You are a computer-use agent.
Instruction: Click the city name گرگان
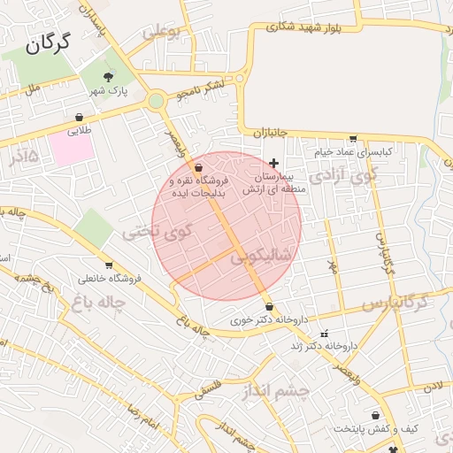pyautogui.click(x=47, y=44)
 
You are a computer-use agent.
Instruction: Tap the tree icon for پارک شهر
pyautogui.click(x=109, y=77)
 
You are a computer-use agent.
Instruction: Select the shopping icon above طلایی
pyautogui.click(x=80, y=117)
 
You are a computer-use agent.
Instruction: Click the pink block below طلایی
pyautogui.click(x=72, y=149)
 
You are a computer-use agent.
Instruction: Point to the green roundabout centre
pyautogui.click(x=157, y=102)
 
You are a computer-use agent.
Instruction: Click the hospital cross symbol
pyautogui.click(x=274, y=163)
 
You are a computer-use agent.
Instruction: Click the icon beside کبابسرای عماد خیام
pyautogui.click(x=354, y=139)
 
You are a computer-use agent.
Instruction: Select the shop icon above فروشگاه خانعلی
pyautogui.click(x=109, y=265)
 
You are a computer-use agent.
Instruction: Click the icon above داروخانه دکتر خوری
pyautogui.click(x=269, y=306)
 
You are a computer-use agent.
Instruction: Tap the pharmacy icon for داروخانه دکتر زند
pyautogui.click(x=325, y=334)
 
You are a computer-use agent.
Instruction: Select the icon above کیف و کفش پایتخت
pyautogui.click(x=376, y=414)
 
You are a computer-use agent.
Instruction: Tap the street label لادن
pyautogui.click(x=432, y=387)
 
